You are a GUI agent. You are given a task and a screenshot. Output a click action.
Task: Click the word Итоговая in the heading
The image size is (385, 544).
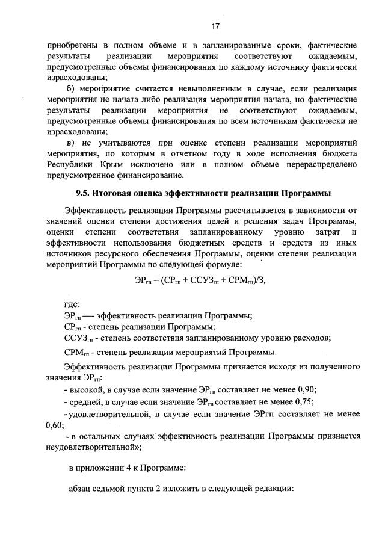point(121,193)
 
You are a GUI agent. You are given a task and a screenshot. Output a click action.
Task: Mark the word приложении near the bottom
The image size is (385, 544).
point(104,466)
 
